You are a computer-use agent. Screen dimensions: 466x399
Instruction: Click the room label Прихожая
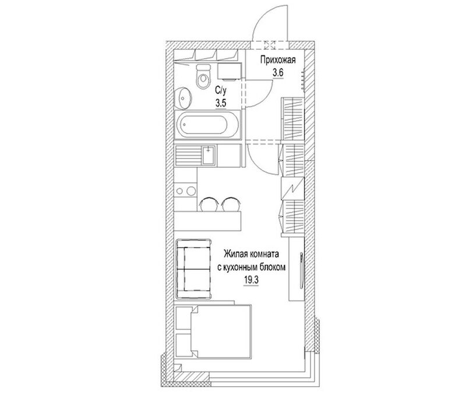(x=278, y=60)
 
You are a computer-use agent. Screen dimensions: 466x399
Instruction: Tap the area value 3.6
(x=278, y=72)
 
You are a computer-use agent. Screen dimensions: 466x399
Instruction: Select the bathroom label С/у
(x=221, y=90)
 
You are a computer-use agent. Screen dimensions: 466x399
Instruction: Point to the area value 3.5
(x=221, y=103)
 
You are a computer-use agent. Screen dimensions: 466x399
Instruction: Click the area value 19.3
(x=252, y=280)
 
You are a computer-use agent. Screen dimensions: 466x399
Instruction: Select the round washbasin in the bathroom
(x=183, y=98)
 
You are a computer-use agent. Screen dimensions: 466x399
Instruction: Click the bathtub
(x=207, y=125)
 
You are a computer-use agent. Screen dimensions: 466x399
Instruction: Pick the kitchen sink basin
(x=209, y=155)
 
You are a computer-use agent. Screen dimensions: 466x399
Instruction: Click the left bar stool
(x=209, y=204)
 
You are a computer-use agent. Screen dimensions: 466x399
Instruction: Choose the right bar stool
(x=231, y=204)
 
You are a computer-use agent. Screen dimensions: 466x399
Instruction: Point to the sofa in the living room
(x=194, y=269)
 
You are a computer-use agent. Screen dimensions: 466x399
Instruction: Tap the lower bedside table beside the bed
(x=183, y=345)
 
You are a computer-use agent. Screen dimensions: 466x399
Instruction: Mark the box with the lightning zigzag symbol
(x=293, y=188)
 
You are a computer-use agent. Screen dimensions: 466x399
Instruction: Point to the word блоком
(x=273, y=267)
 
